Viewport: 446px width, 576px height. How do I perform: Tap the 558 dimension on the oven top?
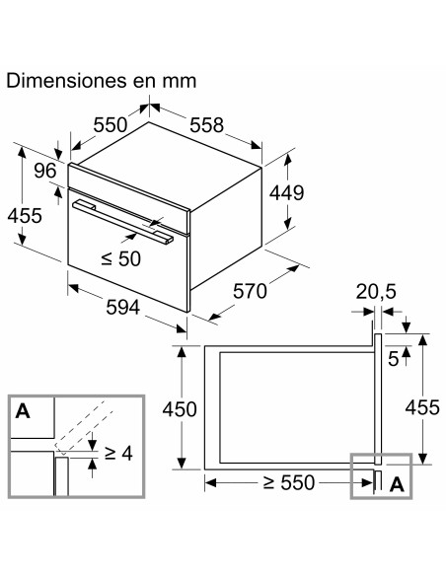(x=206, y=125)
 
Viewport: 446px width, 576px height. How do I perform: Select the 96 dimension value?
(x=45, y=169)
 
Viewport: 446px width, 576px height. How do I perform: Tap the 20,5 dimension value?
(x=376, y=292)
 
